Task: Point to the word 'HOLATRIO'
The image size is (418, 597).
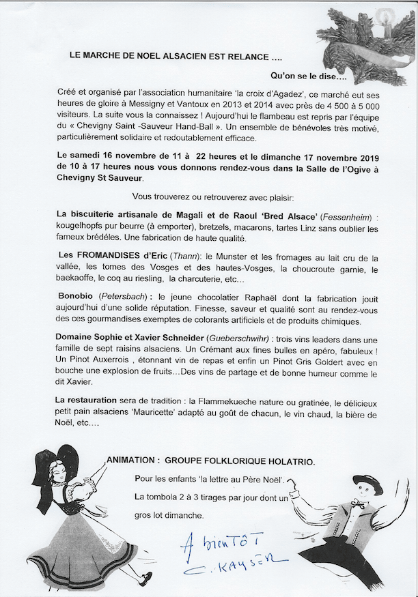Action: (x=288, y=462)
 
